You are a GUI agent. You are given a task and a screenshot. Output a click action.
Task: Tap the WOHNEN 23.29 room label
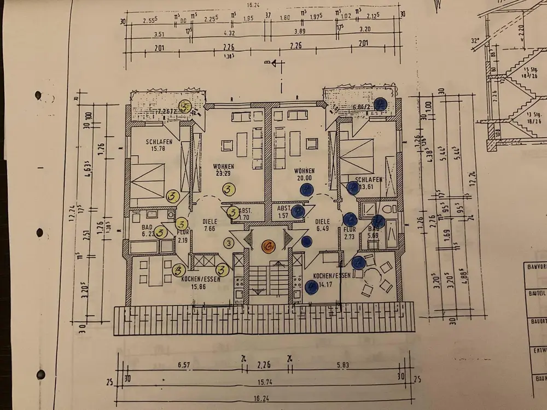224,169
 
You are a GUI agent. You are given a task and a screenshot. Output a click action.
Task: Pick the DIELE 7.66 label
210,225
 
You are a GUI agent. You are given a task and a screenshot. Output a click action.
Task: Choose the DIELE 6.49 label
324,225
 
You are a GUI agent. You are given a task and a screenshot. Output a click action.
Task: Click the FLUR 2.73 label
350,234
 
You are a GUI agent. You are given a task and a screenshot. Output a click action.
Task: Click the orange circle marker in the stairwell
268,247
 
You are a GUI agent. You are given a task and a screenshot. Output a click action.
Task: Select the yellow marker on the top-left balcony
185,107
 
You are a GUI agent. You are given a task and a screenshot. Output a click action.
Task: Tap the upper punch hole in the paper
38,96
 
